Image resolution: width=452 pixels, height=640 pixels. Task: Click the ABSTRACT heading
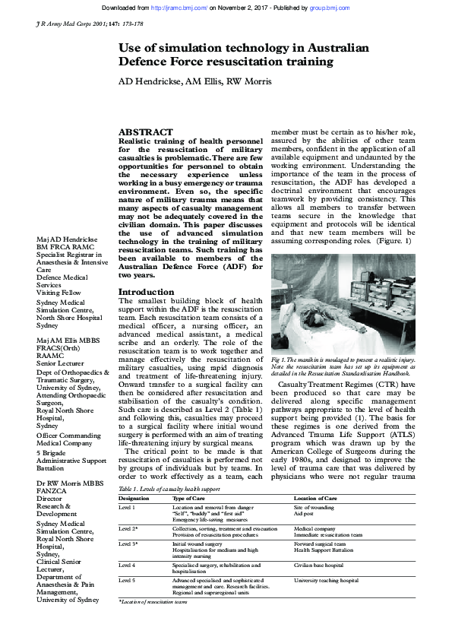(x=146, y=131)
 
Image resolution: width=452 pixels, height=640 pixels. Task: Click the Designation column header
(x=134, y=499)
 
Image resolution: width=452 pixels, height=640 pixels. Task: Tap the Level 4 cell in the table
(x=128, y=566)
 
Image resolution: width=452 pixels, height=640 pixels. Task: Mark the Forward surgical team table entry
(x=319, y=544)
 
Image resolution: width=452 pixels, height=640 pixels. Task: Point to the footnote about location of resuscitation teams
(x=153, y=601)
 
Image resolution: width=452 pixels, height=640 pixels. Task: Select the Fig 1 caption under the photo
(x=343, y=364)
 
